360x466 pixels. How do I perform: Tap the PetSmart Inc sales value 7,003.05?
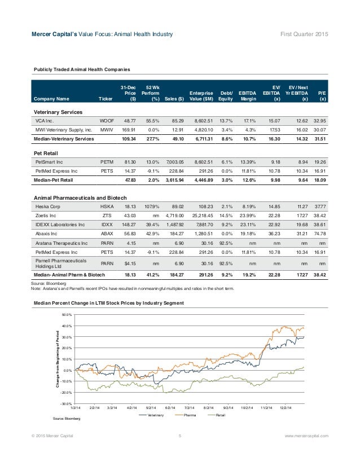click(176, 161)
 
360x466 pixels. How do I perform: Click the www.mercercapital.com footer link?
click(307, 436)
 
